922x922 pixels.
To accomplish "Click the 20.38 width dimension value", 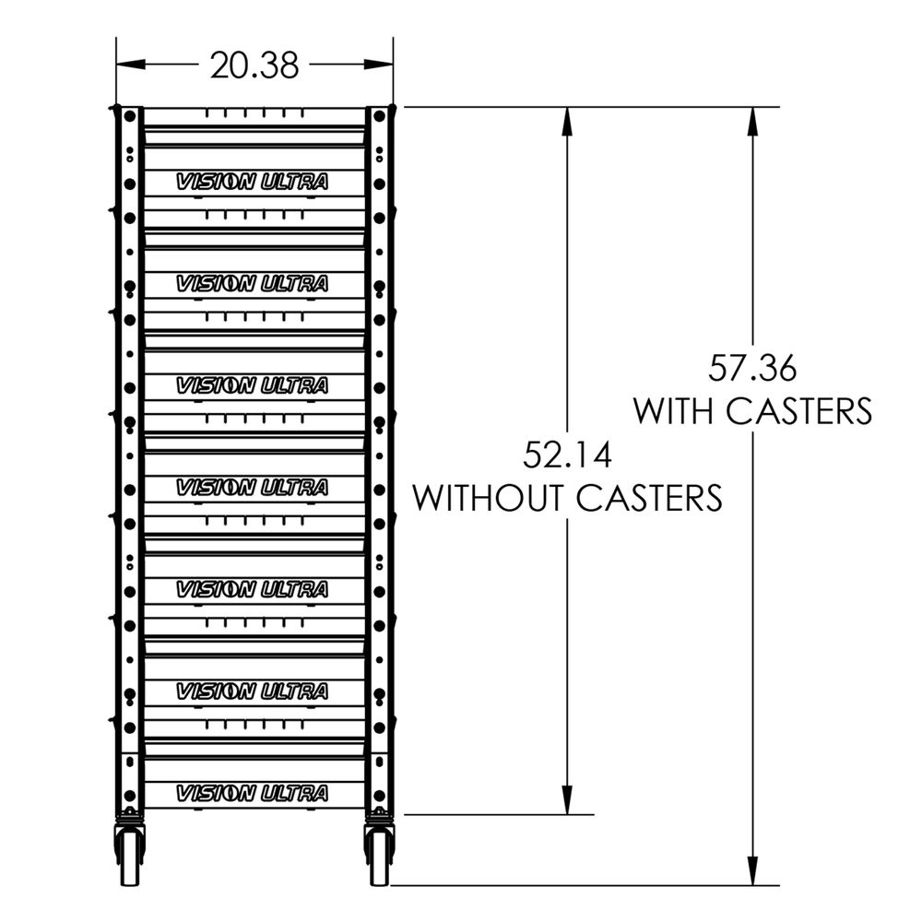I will coord(254,65).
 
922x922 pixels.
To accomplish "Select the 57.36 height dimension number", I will coord(751,369).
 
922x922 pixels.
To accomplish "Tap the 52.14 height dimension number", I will coord(567,455).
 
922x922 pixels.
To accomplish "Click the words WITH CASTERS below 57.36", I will coord(751,410).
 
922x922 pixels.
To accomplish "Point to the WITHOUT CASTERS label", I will coord(567,498).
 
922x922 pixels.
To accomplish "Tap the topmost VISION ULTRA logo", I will coord(252,182).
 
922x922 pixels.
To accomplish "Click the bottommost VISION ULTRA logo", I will coord(252,793).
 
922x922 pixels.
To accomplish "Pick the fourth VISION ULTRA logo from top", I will coord(252,487).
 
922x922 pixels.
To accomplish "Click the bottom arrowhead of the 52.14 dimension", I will coord(568,802).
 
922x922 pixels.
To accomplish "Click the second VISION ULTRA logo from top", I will coord(252,284).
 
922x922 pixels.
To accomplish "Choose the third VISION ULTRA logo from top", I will coord(252,385).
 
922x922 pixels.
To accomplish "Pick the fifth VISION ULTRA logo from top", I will coord(252,588).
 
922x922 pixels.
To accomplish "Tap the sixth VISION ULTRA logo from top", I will coord(252,691).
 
